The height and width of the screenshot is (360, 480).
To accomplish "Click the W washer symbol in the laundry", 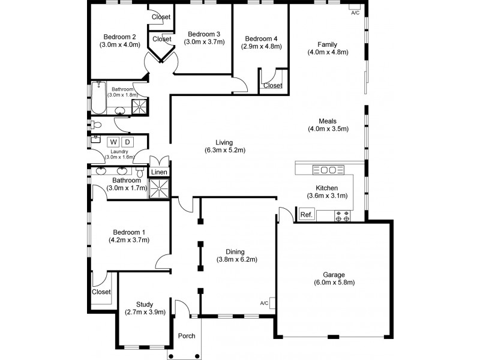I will tap(113, 142).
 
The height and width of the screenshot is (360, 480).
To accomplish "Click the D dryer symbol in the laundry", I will tap(127, 142).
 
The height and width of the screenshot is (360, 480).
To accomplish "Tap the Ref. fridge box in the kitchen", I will tap(307, 214).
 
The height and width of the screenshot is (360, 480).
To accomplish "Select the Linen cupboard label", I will tap(159, 172).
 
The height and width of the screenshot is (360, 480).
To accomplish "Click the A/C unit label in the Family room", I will tap(355, 13).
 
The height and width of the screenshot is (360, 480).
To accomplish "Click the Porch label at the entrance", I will tap(187, 335).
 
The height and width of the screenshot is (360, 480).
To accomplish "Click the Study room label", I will tap(145, 304).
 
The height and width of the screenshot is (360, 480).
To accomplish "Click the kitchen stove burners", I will tap(343, 215).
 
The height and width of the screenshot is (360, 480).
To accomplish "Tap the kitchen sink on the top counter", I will tap(328, 169).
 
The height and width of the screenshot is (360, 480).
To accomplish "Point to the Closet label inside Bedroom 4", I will tap(273, 85).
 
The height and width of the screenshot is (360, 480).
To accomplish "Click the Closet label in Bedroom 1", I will tap(101, 292).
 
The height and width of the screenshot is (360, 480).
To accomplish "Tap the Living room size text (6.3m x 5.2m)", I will tap(225, 151).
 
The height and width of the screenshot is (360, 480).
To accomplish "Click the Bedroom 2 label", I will tap(119, 35).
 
